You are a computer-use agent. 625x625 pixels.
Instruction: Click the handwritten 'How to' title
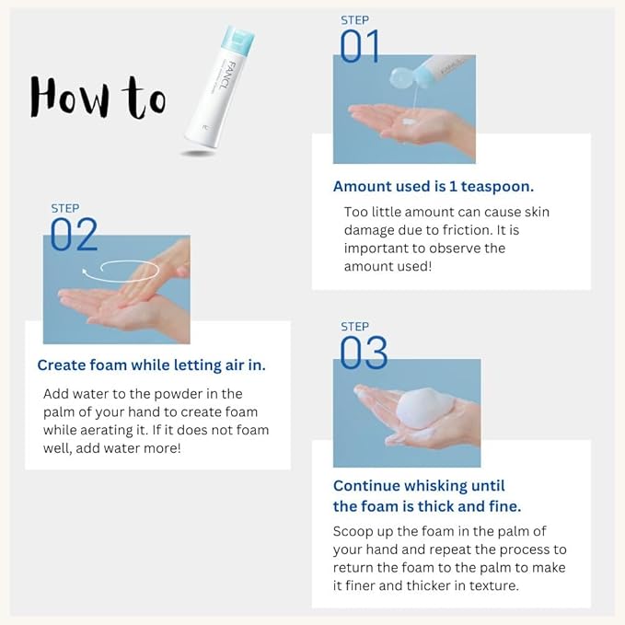97,95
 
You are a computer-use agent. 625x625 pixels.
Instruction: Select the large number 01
359,46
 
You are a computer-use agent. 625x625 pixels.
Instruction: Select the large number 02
74,234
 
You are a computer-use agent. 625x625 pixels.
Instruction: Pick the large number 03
364,353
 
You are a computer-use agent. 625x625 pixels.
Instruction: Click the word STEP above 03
354,327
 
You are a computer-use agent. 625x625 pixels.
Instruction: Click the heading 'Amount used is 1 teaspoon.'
433,186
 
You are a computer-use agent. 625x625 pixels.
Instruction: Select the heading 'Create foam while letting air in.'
151,365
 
